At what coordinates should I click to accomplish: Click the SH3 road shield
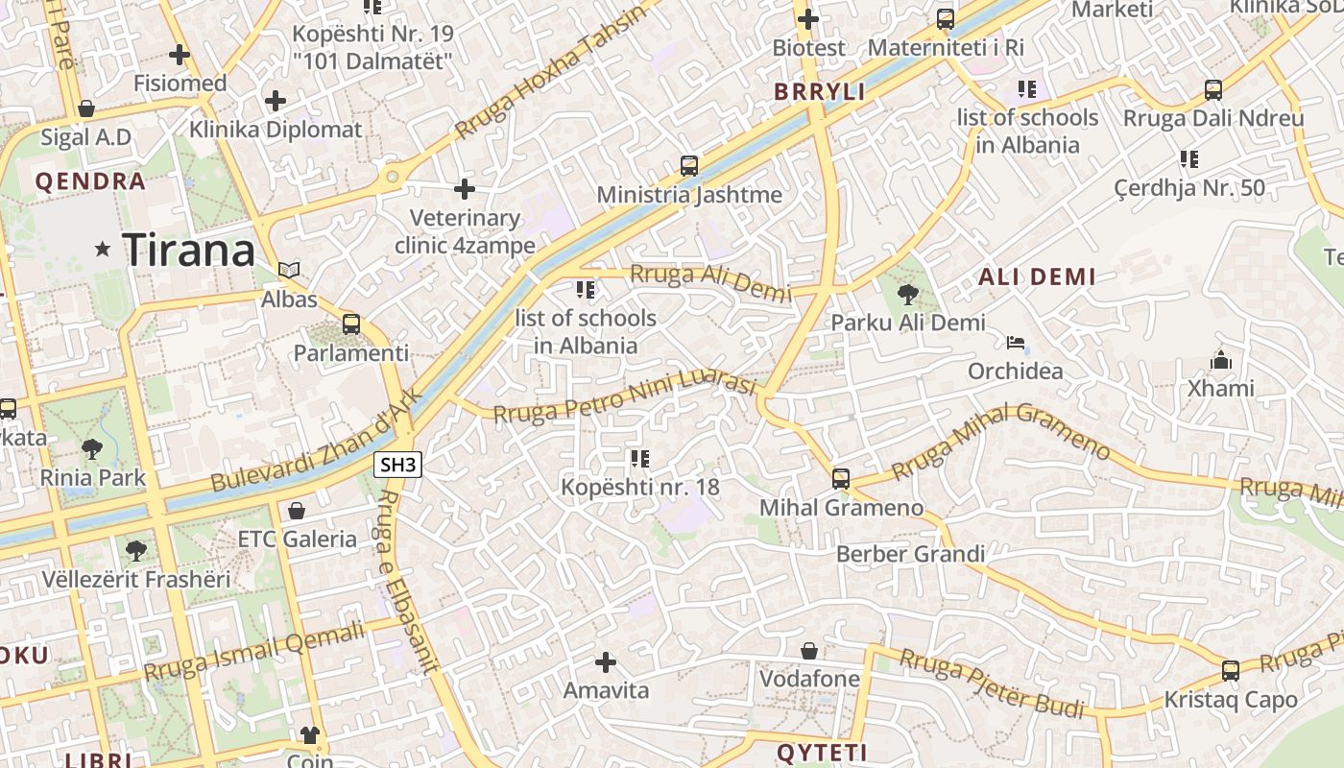click(x=398, y=466)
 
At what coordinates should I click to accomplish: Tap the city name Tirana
click(x=190, y=251)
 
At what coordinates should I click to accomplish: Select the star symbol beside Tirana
click(x=103, y=250)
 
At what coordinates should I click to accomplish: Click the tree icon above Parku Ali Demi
click(x=907, y=295)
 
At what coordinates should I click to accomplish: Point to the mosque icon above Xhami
click(x=1220, y=360)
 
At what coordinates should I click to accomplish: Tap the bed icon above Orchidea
click(x=1016, y=343)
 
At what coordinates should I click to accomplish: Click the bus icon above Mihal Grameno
click(x=841, y=478)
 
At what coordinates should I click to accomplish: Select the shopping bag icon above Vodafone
click(x=809, y=651)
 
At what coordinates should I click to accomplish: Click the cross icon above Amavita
click(x=605, y=661)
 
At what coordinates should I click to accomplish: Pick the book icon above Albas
click(x=289, y=271)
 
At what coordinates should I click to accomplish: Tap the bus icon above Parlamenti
click(x=351, y=324)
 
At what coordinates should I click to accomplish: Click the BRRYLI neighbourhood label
click(x=820, y=92)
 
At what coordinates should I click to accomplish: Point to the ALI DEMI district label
click(x=1037, y=277)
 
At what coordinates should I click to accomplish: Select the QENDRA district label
click(x=90, y=181)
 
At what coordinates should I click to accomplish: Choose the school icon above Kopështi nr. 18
click(x=639, y=459)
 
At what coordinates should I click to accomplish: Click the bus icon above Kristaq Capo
click(x=1231, y=670)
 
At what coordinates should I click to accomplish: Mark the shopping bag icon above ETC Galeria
click(x=297, y=510)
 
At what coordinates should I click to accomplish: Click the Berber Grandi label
click(x=910, y=554)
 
